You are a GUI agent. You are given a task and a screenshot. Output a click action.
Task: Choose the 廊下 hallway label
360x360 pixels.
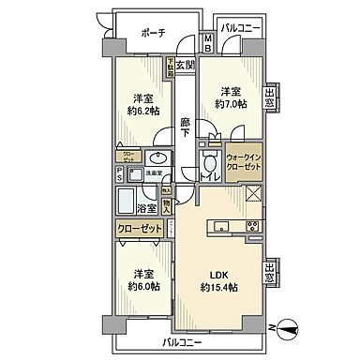[186, 127]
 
